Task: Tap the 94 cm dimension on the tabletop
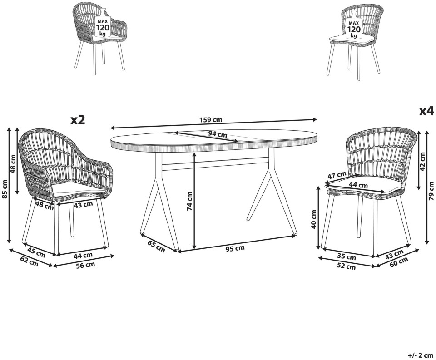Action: click(218, 134)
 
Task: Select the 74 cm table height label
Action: click(189, 201)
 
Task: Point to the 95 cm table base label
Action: click(235, 248)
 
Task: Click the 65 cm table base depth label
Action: click(156, 247)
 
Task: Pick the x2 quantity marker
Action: click(77, 120)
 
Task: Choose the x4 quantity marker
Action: click(426, 111)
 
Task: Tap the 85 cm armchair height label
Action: click(4, 189)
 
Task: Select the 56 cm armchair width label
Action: click(85, 265)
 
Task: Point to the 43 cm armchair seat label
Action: click(83, 205)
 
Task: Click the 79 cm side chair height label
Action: click(431, 191)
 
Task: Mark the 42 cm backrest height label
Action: click(422, 162)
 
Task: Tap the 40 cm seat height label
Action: click(314, 219)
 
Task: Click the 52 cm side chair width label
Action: click(346, 266)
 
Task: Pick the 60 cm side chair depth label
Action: click(399, 261)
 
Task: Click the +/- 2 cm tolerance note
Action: click(421, 355)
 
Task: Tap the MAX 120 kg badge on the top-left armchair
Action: click(103, 26)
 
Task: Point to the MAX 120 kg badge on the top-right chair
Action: click(353, 28)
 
